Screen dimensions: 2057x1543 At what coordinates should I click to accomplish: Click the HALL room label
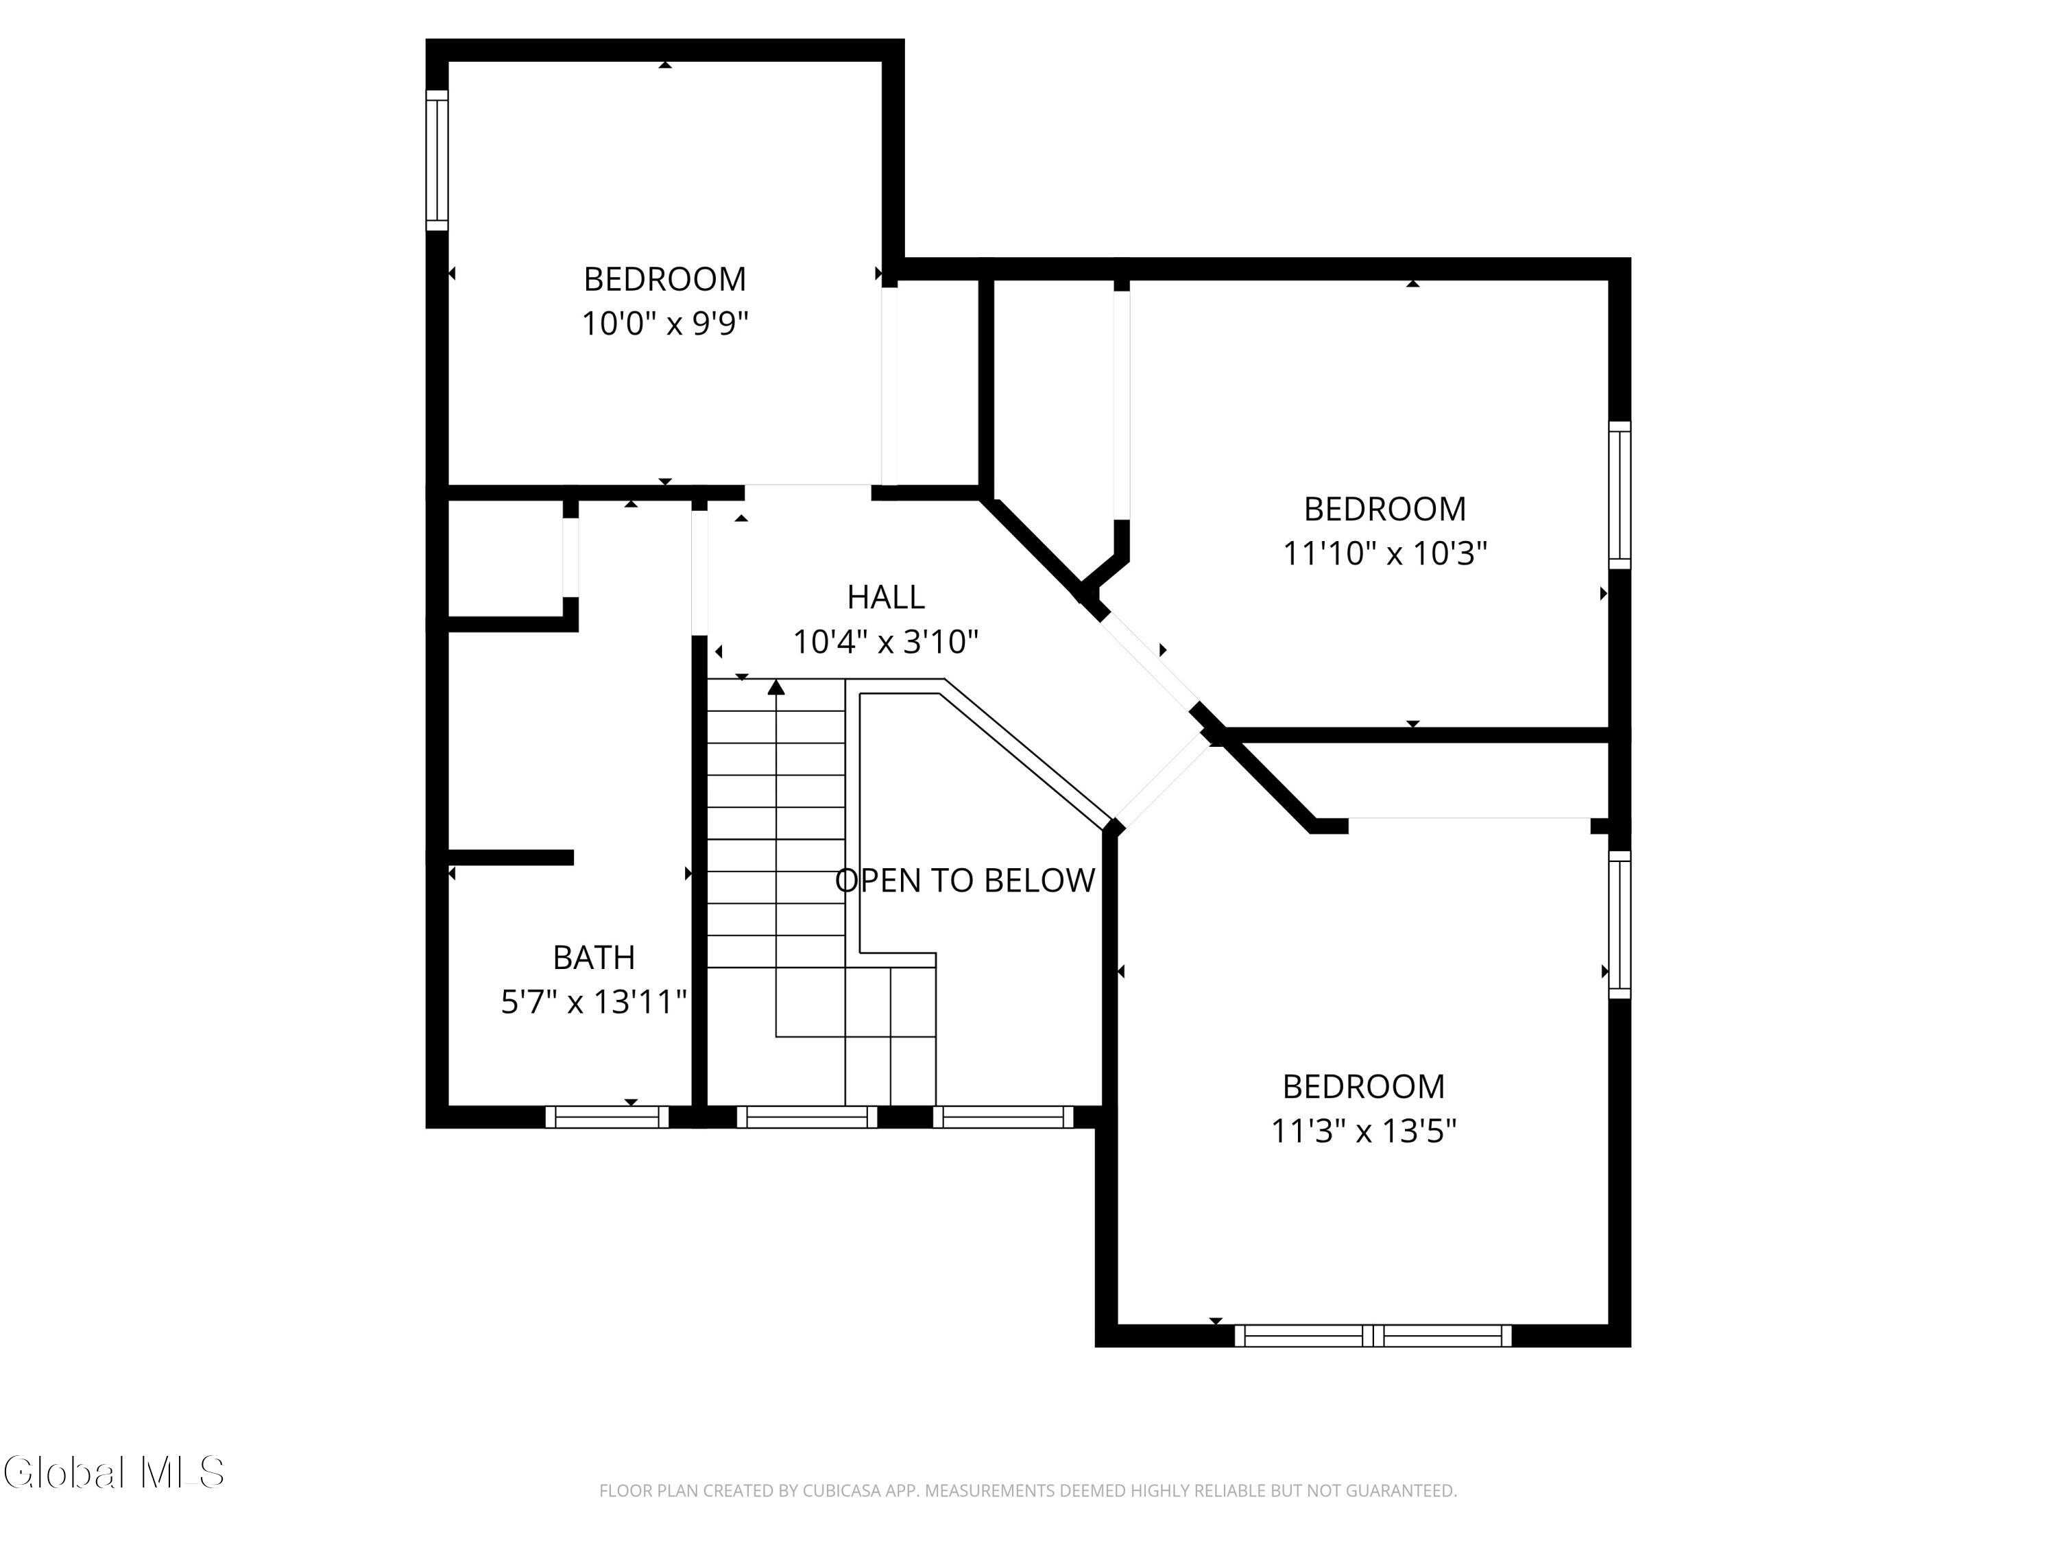(885, 596)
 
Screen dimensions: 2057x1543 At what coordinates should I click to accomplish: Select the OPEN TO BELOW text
(965, 881)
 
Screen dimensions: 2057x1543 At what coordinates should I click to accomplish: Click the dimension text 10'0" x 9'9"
(665, 324)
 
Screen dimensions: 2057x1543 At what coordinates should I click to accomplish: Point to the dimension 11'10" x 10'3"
(1384, 553)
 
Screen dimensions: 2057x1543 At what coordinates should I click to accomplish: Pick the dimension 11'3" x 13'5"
(1363, 1131)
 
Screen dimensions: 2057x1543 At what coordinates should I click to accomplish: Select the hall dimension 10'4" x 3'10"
(885, 641)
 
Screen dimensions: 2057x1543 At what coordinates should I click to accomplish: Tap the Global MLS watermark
(113, 1472)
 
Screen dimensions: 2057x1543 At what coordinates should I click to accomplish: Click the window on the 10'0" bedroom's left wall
(437, 160)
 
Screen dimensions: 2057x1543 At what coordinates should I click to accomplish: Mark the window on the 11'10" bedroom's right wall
(1620, 495)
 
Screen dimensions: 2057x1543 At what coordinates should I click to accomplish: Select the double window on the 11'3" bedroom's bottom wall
(1373, 1336)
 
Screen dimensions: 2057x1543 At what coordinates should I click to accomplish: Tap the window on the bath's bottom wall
(606, 1117)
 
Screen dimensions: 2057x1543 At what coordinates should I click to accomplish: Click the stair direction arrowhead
(776, 687)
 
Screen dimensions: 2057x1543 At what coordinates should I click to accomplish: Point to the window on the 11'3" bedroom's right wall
(1620, 924)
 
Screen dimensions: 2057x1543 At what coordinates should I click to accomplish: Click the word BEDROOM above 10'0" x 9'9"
(665, 279)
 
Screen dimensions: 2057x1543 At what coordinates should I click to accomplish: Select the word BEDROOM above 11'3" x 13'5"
(1363, 1086)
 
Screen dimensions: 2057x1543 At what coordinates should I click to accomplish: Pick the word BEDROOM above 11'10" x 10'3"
(1384, 509)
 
